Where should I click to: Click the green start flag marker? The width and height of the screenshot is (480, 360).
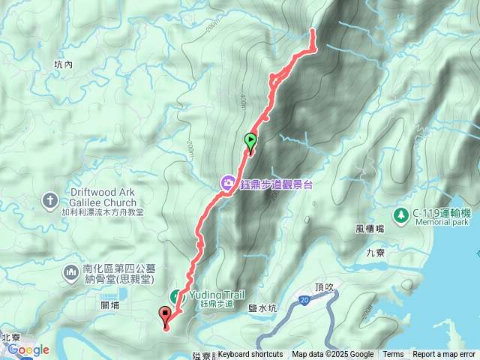pos(250,140)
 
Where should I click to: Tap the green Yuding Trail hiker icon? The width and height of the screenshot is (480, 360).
pos(177,295)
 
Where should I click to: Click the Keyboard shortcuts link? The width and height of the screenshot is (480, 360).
pos(250,355)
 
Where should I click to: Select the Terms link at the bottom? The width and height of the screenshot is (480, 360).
pos(393,355)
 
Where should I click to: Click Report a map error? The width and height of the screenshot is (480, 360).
pos(444,355)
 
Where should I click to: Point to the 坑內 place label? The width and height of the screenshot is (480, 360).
pos(63,65)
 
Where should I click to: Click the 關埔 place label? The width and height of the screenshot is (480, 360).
pos(109,304)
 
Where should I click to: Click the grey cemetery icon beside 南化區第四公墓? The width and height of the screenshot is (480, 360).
pos(72,270)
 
